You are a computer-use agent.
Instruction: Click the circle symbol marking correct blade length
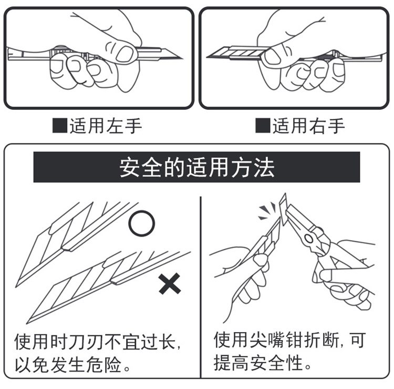pyautogui.click(x=142, y=224)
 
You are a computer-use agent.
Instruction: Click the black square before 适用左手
pyautogui.click(x=59, y=126)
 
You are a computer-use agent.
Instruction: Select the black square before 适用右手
pyautogui.click(x=262, y=126)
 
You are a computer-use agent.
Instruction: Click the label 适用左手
pyautogui.click(x=106, y=126)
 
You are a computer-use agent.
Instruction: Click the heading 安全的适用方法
pyautogui.click(x=196, y=168)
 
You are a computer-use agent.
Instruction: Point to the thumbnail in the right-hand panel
pyautogui.click(x=272, y=56)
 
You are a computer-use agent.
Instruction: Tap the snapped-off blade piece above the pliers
pyautogui.click(x=284, y=208)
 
